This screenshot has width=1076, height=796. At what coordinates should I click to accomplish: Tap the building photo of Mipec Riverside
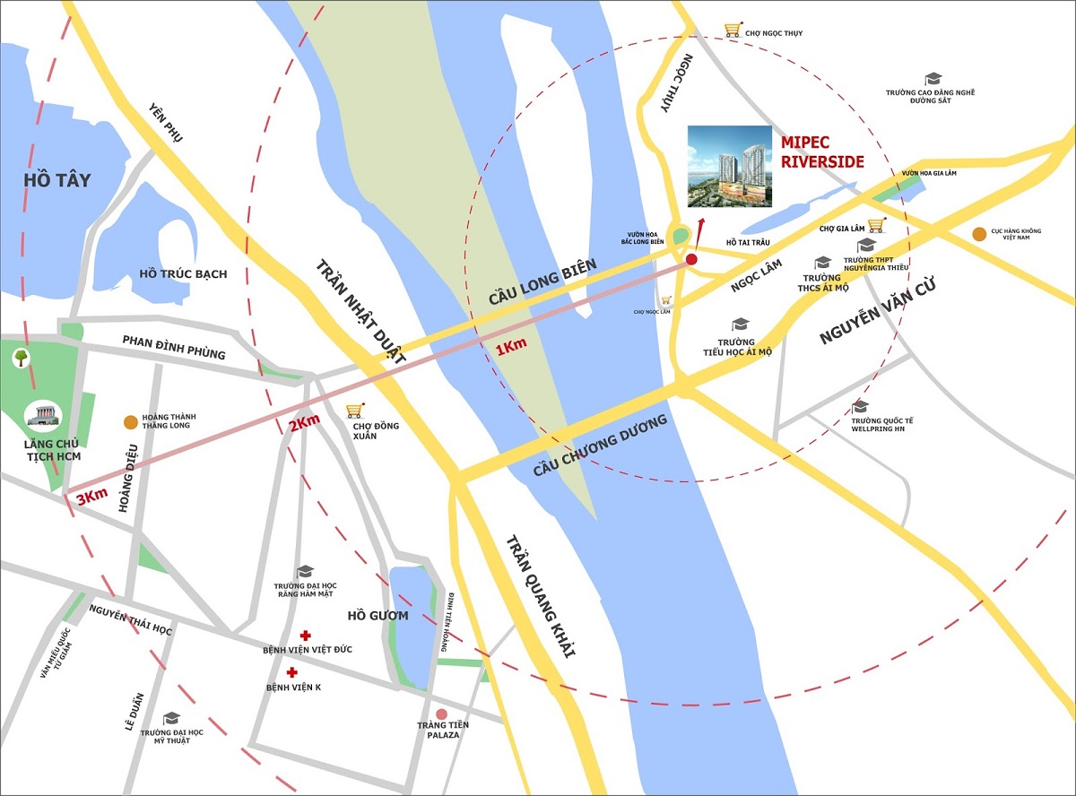[729, 166]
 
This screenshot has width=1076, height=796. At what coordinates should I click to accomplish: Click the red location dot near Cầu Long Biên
[691, 260]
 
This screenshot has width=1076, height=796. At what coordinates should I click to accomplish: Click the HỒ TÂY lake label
[57, 180]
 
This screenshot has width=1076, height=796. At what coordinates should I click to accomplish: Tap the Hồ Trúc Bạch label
[184, 273]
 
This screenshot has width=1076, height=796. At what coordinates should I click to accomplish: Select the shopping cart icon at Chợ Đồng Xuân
[355, 410]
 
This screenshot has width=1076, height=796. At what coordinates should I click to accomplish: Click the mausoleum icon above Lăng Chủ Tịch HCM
[41, 415]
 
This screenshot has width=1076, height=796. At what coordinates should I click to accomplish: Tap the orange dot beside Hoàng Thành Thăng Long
[131, 422]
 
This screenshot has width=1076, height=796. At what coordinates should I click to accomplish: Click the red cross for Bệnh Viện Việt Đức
[305, 636]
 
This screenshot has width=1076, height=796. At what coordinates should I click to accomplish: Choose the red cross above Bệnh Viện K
[291, 672]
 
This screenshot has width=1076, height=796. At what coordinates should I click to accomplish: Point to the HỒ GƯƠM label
[377, 616]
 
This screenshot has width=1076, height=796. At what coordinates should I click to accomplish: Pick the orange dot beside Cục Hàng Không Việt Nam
[979, 234]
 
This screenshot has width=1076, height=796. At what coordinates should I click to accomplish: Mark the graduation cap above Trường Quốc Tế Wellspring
[860, 407]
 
